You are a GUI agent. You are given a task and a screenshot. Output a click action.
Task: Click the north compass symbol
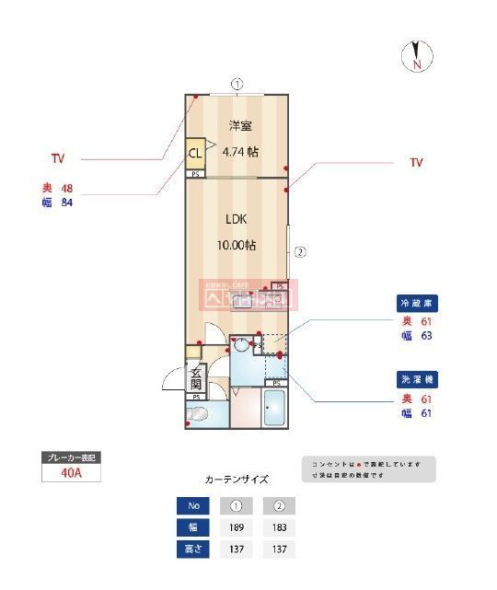click(416, 57)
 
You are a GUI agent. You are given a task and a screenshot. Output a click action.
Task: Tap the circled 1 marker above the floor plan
click(237, 84)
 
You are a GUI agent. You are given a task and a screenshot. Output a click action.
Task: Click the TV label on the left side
click(58, 158)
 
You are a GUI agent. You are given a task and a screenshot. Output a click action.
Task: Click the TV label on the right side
click(416, 162)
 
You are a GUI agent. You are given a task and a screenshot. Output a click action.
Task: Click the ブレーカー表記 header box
click(70, 457)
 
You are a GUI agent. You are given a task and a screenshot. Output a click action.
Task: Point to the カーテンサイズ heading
click(236, 480)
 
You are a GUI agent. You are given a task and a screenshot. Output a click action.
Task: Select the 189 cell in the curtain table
click(237, 527)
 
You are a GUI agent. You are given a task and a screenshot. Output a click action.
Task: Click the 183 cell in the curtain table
click(278, 527)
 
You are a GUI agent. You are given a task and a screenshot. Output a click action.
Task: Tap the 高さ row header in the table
click(192, 550)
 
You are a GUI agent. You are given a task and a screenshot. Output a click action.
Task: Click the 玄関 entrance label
click(196, 377)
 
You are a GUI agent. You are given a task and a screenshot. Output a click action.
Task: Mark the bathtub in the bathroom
click(275, 408)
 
